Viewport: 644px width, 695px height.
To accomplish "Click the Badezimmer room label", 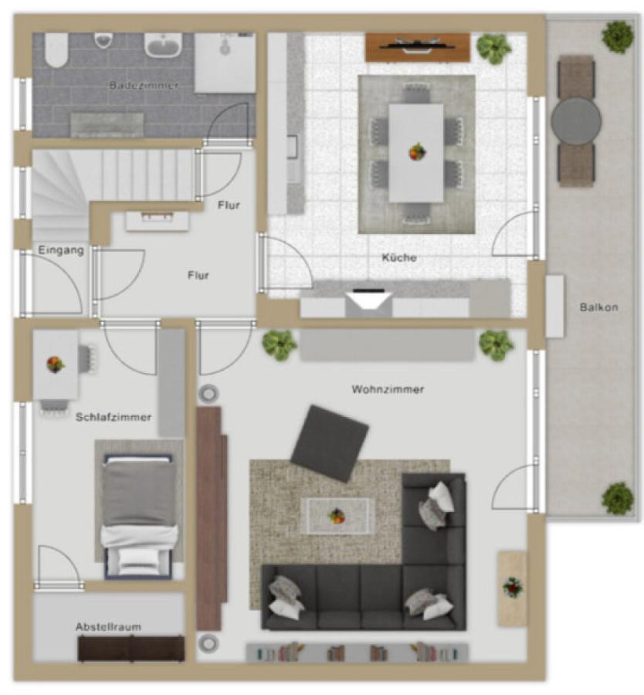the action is tap(144, 85).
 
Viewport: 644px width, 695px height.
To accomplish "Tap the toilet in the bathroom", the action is tap(56, 50).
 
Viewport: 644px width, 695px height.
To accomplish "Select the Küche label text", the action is tap(399, 257).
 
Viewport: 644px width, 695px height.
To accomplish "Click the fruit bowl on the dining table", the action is tap(417, 152).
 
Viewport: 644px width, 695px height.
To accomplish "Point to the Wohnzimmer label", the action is tap(388, 389).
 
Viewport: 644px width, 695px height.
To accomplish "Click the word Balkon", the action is tap(598, 307).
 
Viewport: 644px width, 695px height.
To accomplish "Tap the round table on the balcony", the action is tap(576, 120).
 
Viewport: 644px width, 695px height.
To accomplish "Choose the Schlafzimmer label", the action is tap(114, 417).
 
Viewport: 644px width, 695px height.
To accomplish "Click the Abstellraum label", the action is tap(108, 627).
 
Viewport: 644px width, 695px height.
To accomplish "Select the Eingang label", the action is tap(61, 250).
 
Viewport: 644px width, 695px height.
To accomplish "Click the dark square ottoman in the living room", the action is tap(329, 443).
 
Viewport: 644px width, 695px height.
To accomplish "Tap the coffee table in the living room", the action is tap(337, 516).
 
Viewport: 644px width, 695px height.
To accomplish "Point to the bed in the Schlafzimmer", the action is tap(139, 517).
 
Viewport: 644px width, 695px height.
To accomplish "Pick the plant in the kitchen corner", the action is tap(493, 48).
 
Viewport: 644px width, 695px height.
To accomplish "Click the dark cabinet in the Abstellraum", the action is tap(131, 649).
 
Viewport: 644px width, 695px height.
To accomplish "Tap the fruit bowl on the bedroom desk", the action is tap(56, 364).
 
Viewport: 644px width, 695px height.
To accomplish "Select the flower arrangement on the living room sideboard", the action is tap(513, 588).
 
